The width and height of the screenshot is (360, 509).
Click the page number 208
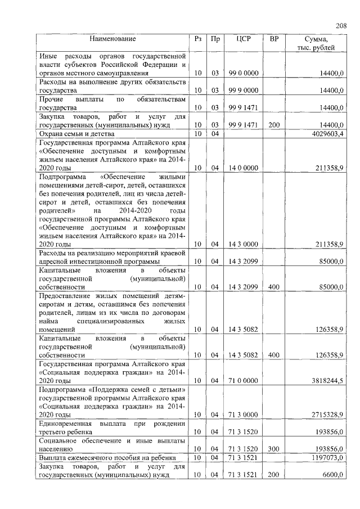pyautogui.click(x=341, y=25)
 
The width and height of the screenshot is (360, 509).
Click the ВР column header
pyautogui.click(x=273, y=39)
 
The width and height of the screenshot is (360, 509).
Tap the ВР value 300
pyautogui.click(x=273, y=449)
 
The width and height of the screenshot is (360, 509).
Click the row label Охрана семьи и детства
pyautogui.click(x=76, y=134)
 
